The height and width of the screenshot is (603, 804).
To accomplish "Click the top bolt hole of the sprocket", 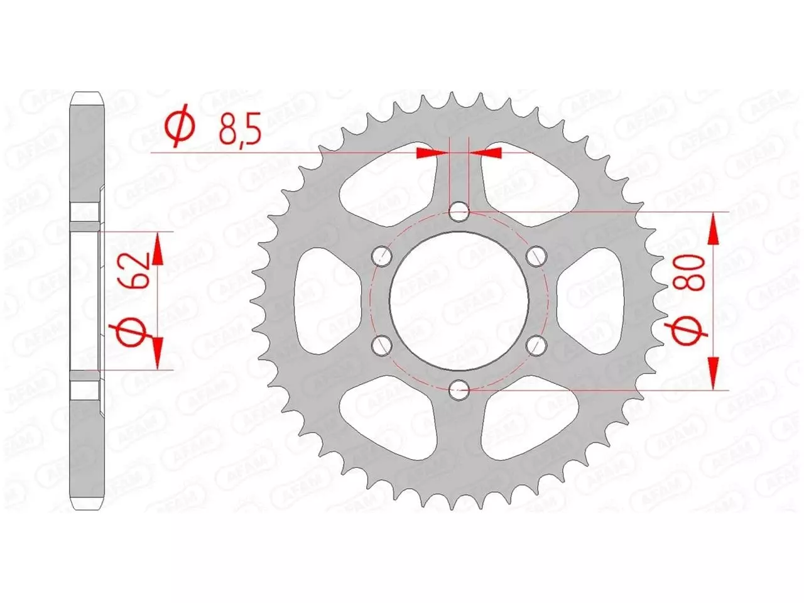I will coord(460,210).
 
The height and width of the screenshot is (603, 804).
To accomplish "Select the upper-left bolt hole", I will coord(382,256).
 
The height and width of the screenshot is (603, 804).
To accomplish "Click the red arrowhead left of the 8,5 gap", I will coord(428,152).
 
